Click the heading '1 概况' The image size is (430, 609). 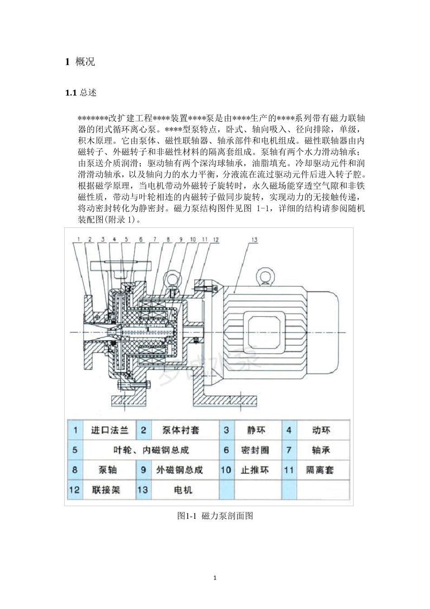[80, 62]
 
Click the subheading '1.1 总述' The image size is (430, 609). [81, 93]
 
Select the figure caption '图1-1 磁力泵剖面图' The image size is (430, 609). [215, 516]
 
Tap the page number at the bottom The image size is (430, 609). [215, 578]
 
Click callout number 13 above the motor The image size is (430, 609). [254, 240]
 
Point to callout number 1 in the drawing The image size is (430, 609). [78, 239]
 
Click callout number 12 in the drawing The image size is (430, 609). [216, 240]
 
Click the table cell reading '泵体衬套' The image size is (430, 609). [181, 430]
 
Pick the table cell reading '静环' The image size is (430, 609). [256, 430]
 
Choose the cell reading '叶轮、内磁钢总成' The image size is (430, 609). [151, 450]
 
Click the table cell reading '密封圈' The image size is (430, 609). [256, 450]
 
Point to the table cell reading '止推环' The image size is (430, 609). [256, 470]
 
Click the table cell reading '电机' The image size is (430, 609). [183, 490]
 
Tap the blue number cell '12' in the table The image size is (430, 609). [74, 490]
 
